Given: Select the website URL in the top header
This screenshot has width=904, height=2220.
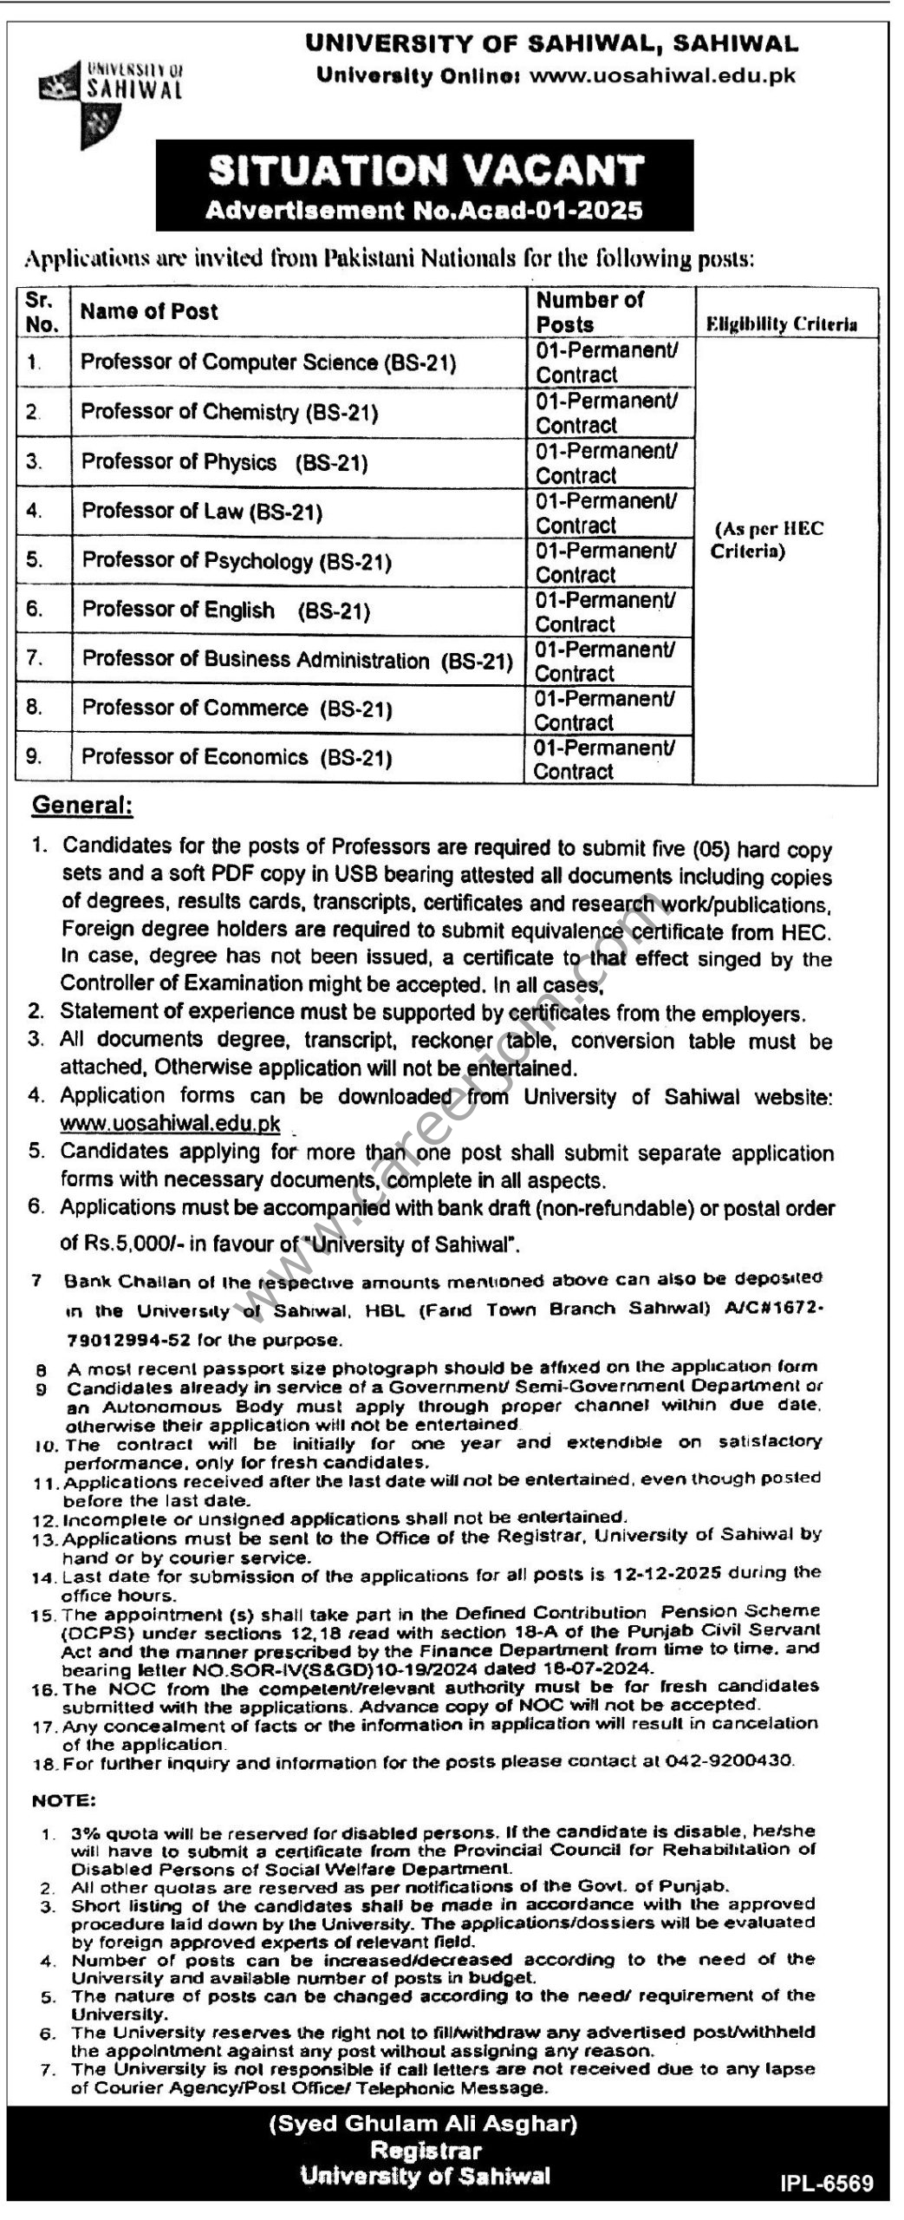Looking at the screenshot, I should pyautogui.click(x=661, y=75).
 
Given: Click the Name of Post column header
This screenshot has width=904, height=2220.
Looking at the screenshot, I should pyautogui.click(x=149, y=312).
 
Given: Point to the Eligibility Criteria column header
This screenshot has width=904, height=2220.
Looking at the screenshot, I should pyautogui.click(x=782, y=324).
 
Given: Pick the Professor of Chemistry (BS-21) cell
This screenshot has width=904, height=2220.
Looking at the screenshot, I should pyautogui.click(x=230, y=412).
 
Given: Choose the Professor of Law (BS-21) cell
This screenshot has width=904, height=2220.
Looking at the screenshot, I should pyautogui.click(x=202, y=512).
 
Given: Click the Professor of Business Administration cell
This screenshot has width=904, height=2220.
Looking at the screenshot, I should pyautogui.click(x=297, y=660).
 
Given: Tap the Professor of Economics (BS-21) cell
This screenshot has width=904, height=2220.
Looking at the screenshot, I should pyautogui.click(x=237, y=758).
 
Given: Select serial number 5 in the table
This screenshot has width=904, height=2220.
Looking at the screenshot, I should pyautogui.click(x=35, y=560).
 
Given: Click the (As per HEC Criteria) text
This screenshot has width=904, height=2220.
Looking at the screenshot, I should pyautogui.click(x=766, y=540).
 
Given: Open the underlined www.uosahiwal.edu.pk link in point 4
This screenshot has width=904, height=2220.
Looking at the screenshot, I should pyautogui.click(x=170, y=1124).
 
